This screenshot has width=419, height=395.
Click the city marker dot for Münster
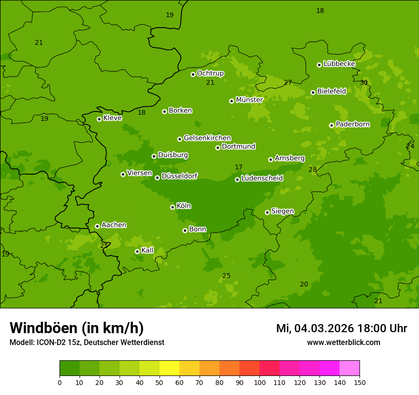[232, 101]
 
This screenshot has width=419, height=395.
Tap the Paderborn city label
[352, 124]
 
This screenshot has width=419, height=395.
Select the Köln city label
[184, 206]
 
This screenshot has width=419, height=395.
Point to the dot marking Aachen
[97, 226]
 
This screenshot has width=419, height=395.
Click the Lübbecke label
[339, 64]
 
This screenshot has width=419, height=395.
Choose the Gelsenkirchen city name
[207, 138]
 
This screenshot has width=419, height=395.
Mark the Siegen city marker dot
[267, 212]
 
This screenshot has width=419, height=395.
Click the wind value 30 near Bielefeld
[364, 83]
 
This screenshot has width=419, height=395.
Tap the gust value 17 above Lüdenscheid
[239, 167]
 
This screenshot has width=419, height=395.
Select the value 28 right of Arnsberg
[312, 170]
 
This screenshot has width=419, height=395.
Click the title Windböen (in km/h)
[77, 328]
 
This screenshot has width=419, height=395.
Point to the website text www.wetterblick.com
[343, 343]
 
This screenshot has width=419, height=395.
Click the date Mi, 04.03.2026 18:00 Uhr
[341, 328]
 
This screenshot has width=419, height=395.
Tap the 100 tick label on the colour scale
[259, 383]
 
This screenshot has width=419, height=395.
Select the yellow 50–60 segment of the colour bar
[170, 368]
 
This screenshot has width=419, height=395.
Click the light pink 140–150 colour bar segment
[349, 368]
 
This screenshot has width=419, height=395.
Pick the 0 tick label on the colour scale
[60, 383]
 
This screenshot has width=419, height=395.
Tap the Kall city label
[148, 250]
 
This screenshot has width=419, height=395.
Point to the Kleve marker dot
[99, 119]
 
